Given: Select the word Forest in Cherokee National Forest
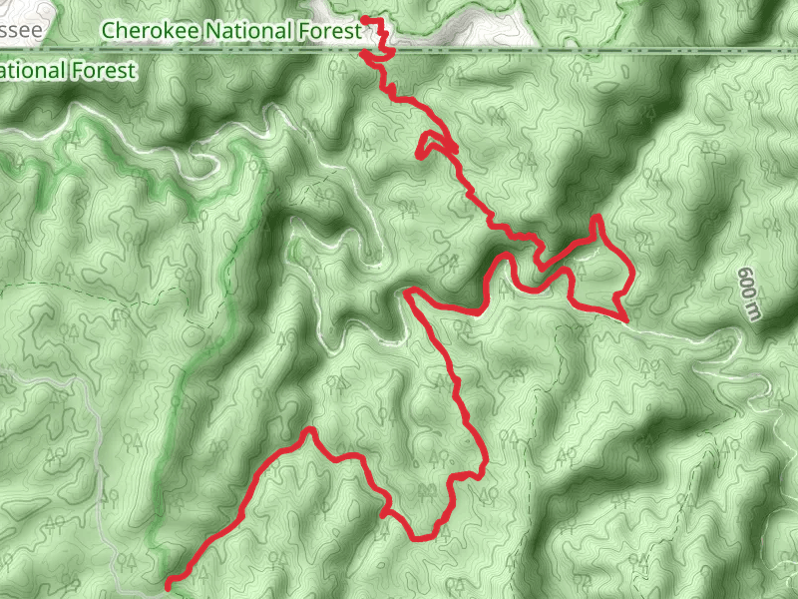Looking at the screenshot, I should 326,31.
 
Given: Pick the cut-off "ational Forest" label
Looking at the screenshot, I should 67,71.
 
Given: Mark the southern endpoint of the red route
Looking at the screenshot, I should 168,581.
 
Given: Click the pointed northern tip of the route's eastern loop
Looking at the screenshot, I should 598,217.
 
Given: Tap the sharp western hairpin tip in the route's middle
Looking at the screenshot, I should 408,292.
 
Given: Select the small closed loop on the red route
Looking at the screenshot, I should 432,144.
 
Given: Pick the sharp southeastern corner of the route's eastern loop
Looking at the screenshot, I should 622,315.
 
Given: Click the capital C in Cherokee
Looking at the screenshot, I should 109,31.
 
